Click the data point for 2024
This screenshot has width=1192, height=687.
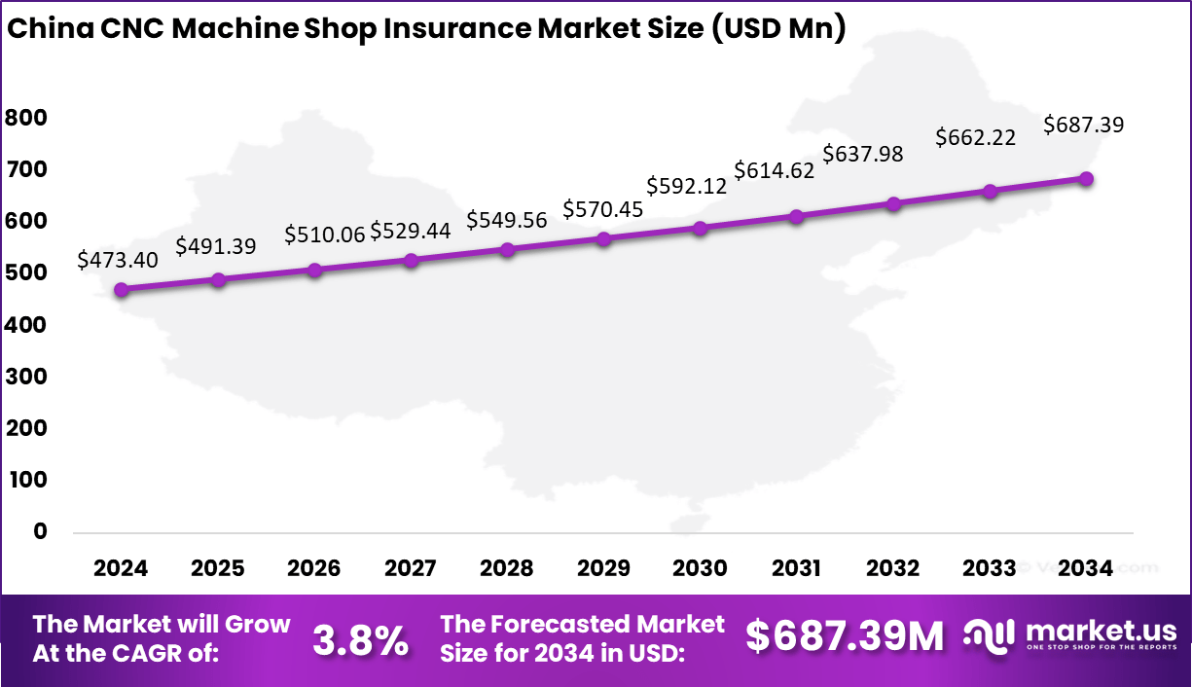point(122,290)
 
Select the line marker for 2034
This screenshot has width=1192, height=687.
point(1086,179)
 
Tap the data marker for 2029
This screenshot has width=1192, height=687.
point(603,238)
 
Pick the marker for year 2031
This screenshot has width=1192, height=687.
point(796,216)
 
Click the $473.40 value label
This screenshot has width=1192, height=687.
point(118,261)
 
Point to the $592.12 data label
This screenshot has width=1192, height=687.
point(687,185)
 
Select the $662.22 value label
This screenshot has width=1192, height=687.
point(975,137)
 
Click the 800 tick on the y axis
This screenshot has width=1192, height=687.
point(26,118)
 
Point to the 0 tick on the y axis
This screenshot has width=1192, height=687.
point(40,531)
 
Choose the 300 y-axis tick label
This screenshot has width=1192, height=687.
point(26,377)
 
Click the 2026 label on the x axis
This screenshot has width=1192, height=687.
point(314,568)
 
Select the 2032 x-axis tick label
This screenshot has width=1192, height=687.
point(892,568)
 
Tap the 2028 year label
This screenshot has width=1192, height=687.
point(507,568)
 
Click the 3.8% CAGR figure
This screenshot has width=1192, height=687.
point(360,639)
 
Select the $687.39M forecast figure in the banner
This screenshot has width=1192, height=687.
point(845,636)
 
